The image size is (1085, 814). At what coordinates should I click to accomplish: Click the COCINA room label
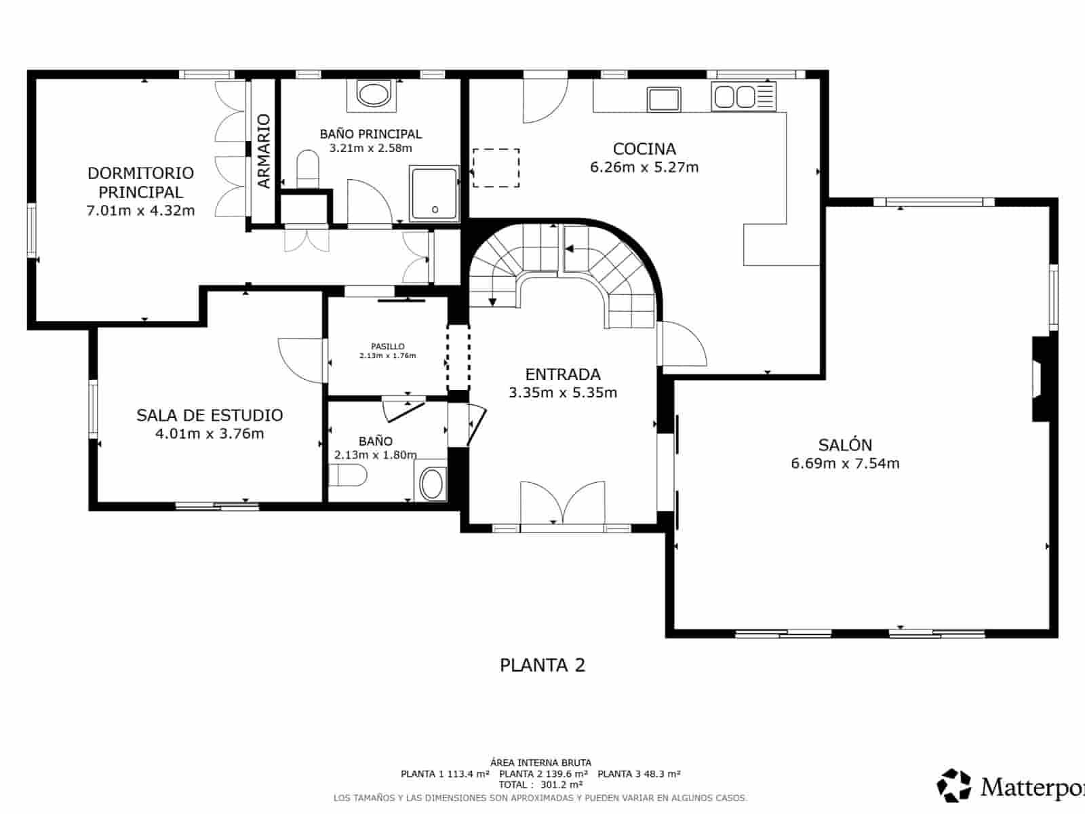pos(644,149)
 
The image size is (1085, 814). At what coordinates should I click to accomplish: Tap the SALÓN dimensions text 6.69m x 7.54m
pos(845,463)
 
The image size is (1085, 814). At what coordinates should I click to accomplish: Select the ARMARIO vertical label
pos(264,151)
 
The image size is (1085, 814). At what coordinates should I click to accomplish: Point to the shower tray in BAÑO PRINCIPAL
pos(435,194)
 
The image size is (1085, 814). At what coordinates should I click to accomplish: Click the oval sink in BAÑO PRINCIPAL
pos(372,94)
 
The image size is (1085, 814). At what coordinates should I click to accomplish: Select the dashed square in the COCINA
pos(496,168)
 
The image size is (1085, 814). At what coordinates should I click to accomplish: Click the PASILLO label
pos(387,347)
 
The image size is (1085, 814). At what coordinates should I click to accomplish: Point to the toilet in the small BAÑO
pos(348,476)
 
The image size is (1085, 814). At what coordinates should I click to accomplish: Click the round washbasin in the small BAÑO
pos(432,484)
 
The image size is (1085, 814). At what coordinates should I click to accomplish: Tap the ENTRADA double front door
pos(562,504)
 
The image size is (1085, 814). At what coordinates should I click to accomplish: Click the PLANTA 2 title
pos(542,665)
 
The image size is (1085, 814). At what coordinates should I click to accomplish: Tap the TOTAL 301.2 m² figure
pos(540,785)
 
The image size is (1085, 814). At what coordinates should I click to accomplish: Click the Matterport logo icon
pos(955,786)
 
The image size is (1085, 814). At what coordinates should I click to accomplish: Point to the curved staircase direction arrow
pos(568,249)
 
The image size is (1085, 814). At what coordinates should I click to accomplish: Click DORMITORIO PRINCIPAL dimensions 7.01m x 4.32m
pos(140,210)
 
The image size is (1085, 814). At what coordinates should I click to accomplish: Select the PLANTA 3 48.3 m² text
pos(639,774)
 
